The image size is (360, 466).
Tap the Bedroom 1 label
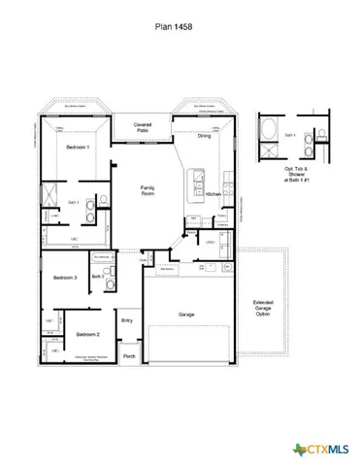pyautogui.click(x=79, y=147)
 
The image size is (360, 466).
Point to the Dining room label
pyautogui.click(x=204, y=137)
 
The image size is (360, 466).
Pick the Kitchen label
pyautogui.click(x=213, y=194)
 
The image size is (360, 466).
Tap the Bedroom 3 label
pyautogui.click(x=65, y=277)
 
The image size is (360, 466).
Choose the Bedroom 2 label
pyautogui.click(x=88, y=334)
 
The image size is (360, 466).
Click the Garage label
pyautogui.click(x=187, y=315)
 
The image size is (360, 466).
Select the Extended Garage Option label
pyautogui.click(x=263, y=307)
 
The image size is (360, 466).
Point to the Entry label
pyautogui.click(x=127, y=320)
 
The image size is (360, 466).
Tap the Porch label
pyautogui.click(x=129, y=355)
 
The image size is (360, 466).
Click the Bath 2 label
pyautogui.click(x=98, y=277)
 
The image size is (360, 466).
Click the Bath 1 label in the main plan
pyautogui.click(x=73, y=201)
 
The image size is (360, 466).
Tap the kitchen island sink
pyautogui.click(x=199, y=179)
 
